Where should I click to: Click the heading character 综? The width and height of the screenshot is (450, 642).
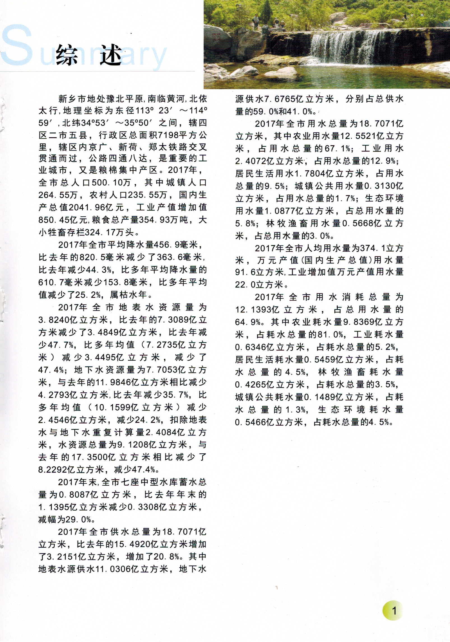click(x=67, y=55)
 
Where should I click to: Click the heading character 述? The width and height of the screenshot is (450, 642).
click(x=111, y=55)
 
